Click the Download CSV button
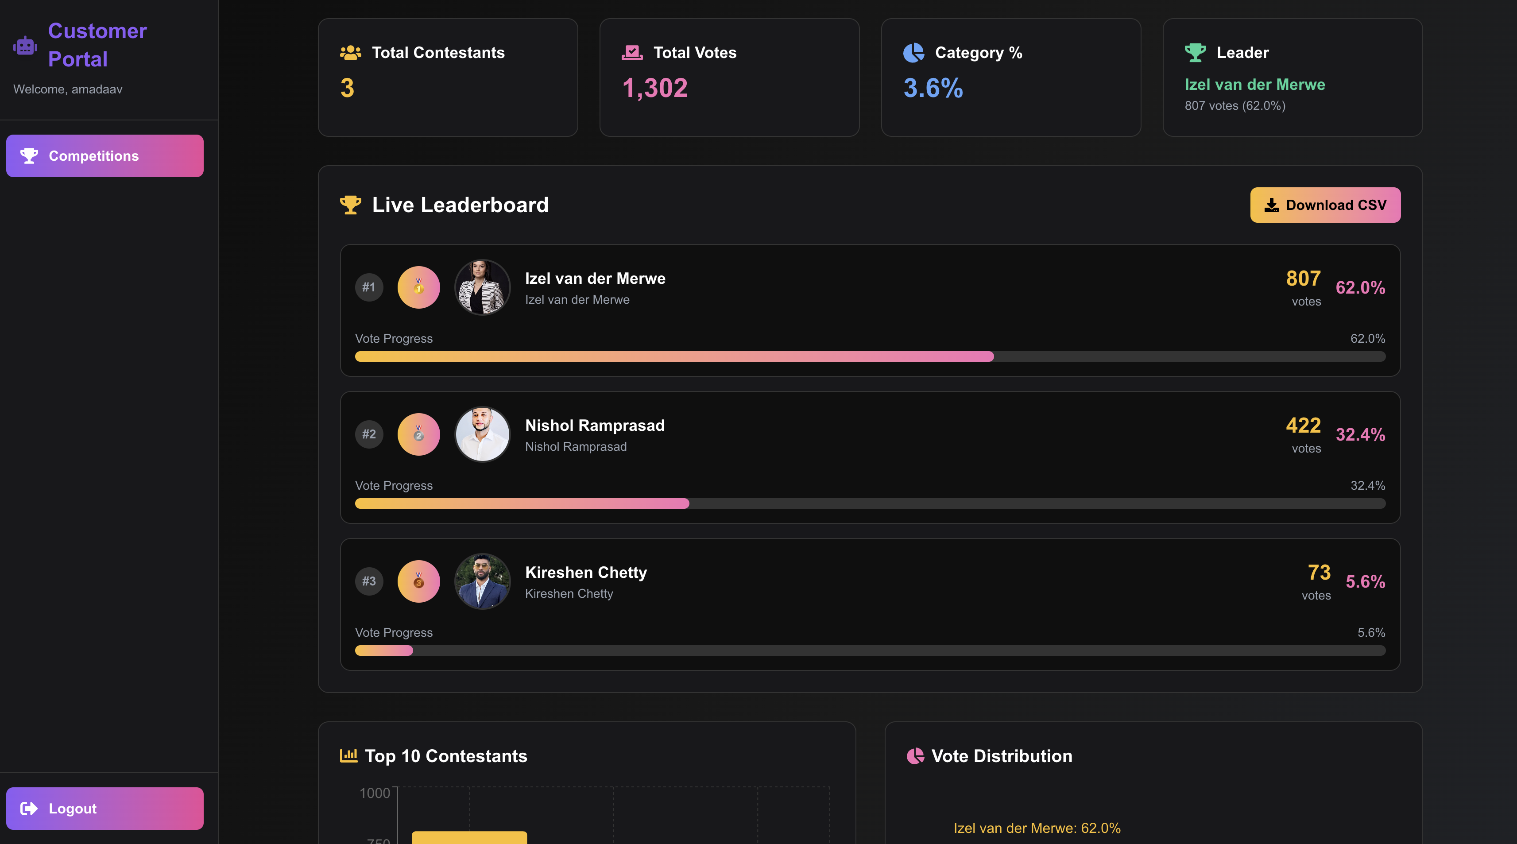[x=1325, y=205]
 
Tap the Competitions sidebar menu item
[x=105, y=156]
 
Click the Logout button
[x=105, y=809]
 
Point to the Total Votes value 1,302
[x=655, y=89]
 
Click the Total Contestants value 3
[x=348, y=89]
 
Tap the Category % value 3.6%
[x=933, y=89]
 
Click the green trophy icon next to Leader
[x=1195, y=52]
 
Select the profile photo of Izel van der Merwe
[x=482, y=287]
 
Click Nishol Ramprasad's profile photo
[x=482, y=435]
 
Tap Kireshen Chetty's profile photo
[x=482, y=581]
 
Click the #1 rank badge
[x=369, y=287]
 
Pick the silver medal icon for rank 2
[x=419, y=435]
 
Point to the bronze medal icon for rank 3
[x=419, y=581]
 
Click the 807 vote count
[x=1303, y=279]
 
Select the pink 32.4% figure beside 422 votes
[x=1360, y=435]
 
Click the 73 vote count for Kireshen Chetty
[x=1319, y=573]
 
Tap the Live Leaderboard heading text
[x=460, y=205]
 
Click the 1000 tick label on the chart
[x=375, y=794]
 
